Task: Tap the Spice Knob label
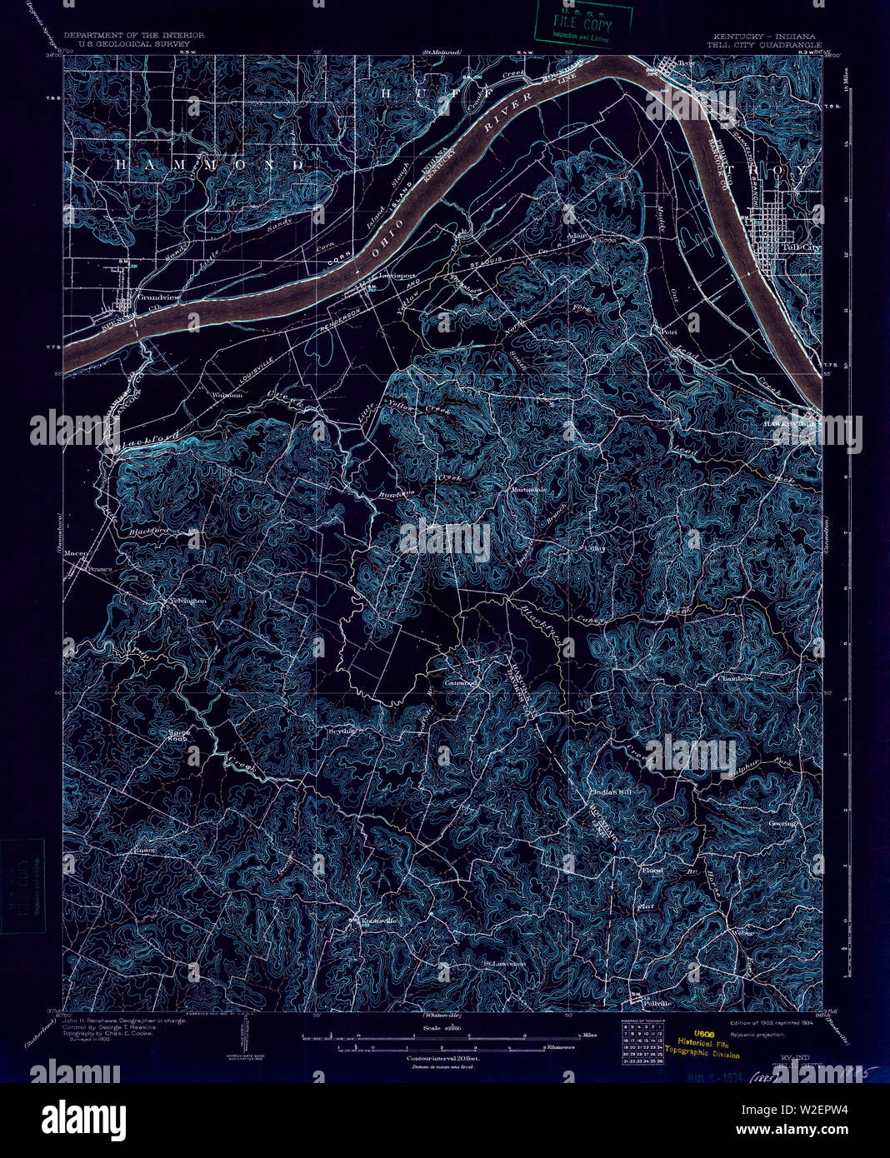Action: click(x=179, y=735)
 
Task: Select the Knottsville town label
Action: click(x=377, y=921)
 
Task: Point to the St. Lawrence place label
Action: click(x=504, y=965)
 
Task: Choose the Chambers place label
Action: click(x=735, y=678)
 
